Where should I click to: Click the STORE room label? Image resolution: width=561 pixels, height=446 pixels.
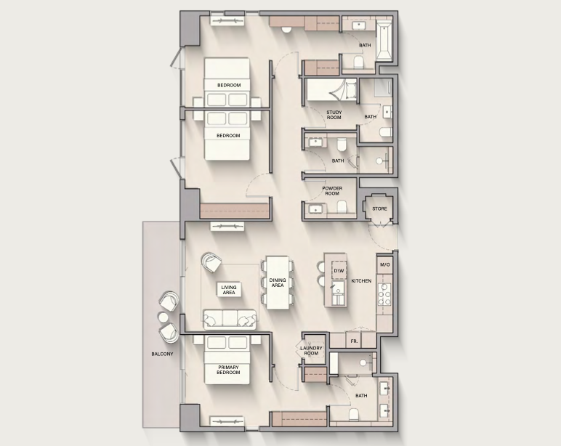[379, 209]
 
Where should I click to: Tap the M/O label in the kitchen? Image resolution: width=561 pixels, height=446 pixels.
[385, 265]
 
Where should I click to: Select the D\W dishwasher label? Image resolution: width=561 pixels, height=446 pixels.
[339, 271]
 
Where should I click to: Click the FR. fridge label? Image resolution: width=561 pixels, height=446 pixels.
[354, 341]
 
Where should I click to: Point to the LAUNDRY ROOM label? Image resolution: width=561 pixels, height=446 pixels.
[311, 351]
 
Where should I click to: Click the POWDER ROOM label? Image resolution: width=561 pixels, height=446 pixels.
[332, 191]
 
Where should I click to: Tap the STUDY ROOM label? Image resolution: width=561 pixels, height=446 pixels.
[334, 115]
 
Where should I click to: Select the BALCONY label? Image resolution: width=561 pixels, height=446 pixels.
[162, 354]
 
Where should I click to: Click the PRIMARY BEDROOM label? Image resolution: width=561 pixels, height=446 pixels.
[228, 370]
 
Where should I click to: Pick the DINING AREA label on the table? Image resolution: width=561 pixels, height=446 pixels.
[278, 283]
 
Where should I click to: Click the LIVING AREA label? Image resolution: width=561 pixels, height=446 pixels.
[229, 290]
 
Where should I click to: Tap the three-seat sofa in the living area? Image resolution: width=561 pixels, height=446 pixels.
[230, 319]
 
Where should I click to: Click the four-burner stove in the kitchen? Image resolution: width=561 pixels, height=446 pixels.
[384, 295]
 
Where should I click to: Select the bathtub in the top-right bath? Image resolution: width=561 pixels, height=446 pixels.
[384, 41]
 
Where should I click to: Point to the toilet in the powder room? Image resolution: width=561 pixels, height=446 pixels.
[342, 206]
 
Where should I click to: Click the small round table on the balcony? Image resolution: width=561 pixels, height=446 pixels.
[164, 317]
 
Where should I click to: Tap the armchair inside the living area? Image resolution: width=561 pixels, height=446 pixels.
[211, 263]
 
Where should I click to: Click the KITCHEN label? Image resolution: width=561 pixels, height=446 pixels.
[361, 281]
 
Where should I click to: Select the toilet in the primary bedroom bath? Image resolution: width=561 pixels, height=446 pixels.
[354, 415]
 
